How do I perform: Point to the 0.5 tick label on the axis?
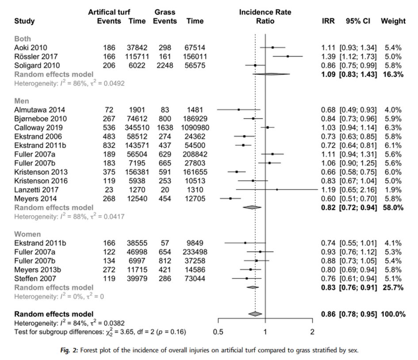point(218,332)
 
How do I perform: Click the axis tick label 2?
point(312,332)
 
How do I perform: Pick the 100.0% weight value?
point(393,314)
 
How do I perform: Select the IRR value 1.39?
point(328,56)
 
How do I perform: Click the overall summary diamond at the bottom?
point(255,314)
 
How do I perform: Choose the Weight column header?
point(393,21)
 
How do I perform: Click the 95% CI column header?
point(358,21)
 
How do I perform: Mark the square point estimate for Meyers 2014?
point(230,198)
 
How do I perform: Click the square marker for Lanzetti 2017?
point(277,190)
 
